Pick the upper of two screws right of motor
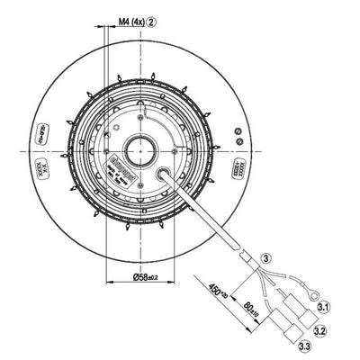(237, 131)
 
